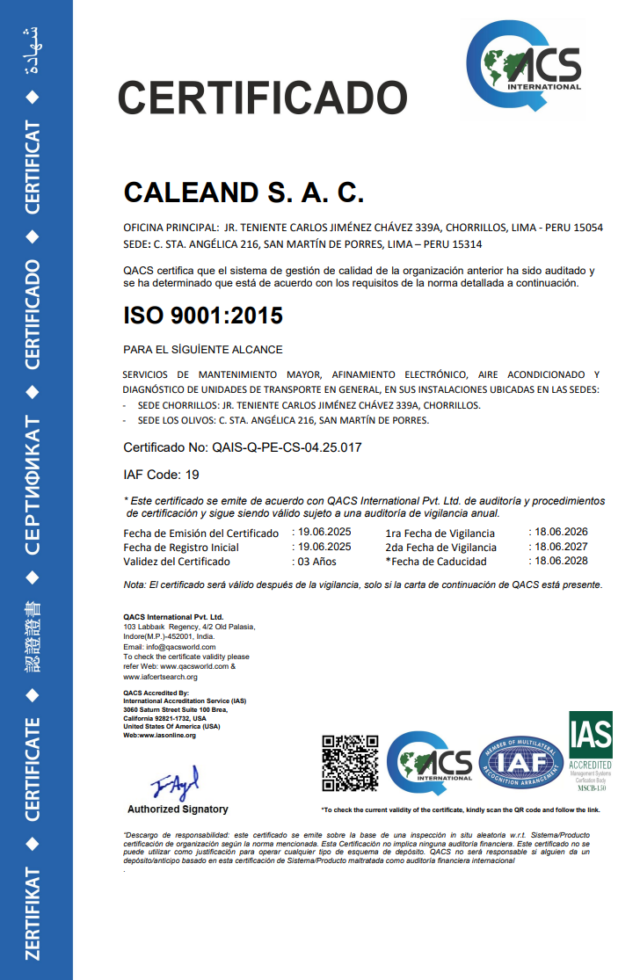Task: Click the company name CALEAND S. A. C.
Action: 244,192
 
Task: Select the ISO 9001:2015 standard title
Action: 203,314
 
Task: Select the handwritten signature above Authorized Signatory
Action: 177,781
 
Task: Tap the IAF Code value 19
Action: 193,475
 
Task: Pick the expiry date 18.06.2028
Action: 561,561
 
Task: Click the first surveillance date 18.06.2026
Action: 561,532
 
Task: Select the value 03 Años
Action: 318,561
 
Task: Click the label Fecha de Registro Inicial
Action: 181,547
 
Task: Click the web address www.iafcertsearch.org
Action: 160,677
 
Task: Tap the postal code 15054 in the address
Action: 588,228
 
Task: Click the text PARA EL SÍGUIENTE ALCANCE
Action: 203,350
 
